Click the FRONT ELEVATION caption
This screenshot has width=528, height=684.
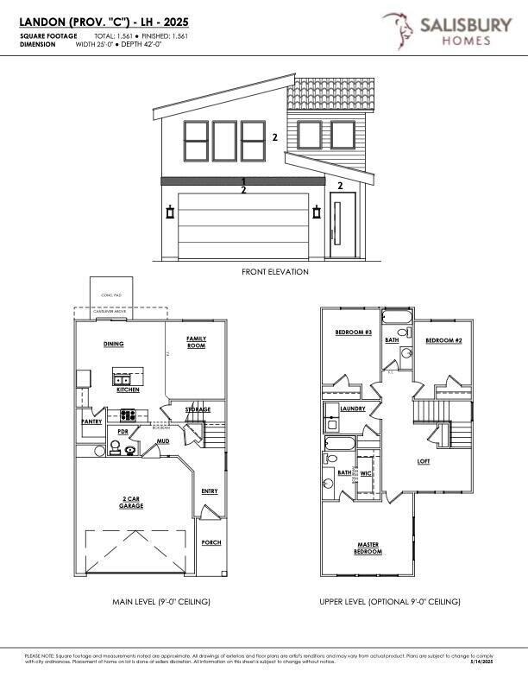coord(274,271)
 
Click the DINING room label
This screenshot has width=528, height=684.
coord(113,344)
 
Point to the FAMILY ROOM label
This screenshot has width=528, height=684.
coord(196,342)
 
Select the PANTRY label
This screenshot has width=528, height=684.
coord(91,422)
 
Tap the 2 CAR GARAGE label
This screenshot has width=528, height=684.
coord(131,503)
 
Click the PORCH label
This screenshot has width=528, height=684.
coord(211,542)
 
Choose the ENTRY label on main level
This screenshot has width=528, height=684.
coord(209,491)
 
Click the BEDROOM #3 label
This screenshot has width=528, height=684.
coord(353,331)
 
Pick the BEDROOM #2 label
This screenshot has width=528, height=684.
coord(444,341)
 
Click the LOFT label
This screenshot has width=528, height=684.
coord(424,461)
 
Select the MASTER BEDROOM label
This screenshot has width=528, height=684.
coord(369,548)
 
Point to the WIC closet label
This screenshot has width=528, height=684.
coord(365,472)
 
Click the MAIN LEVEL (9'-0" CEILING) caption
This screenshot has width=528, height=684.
coord(161,601)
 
